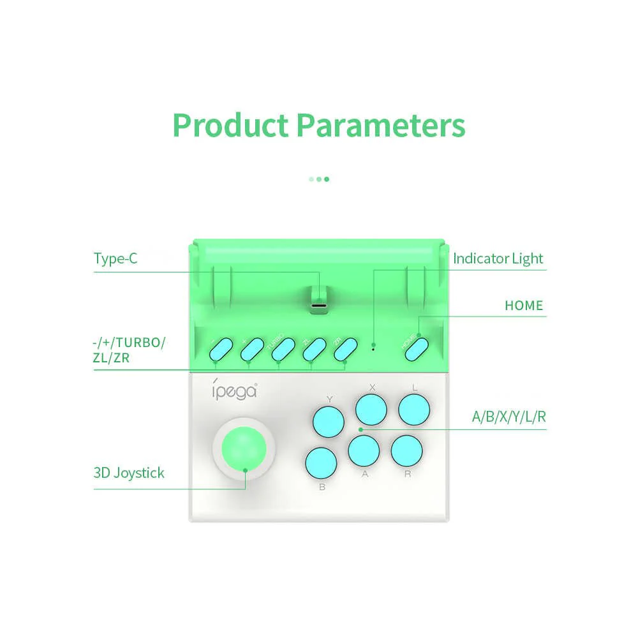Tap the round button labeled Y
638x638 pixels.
pos(328,420)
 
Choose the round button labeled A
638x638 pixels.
pos(364,451)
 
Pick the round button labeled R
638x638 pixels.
pos(406,450)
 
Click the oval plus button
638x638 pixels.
pos(251,348)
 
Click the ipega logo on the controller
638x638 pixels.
pos(234,390)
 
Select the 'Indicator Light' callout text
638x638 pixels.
pos(498,258)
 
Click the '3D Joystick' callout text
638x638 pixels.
pos(129,473)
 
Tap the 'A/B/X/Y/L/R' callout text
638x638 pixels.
pos(508,417)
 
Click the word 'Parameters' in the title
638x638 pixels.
pos(380,125)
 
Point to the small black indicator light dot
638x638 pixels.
pos(373,348)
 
